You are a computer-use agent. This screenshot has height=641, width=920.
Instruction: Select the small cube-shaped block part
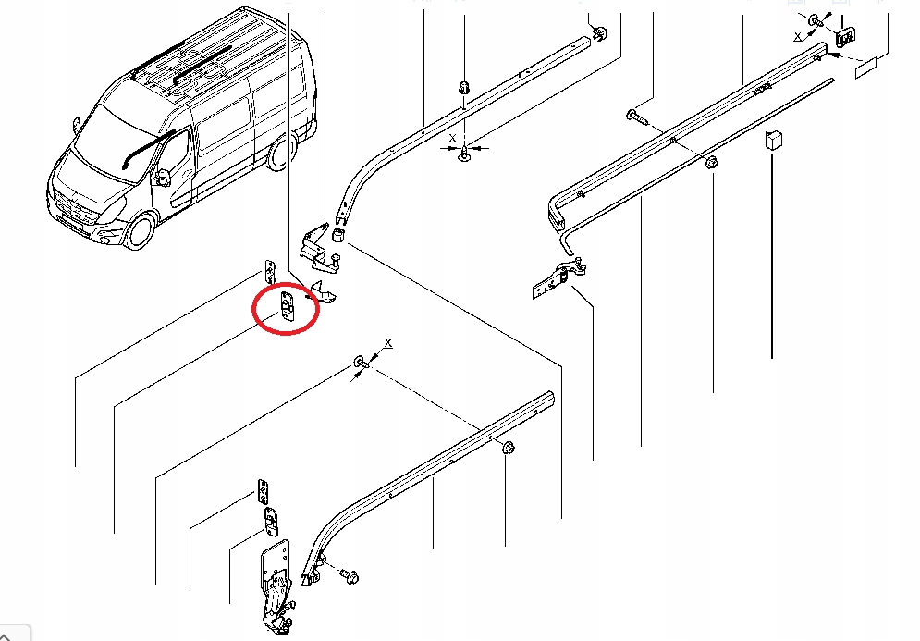pyautogui.click(x=773, y=140)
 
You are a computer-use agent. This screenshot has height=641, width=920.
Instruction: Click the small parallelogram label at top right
pyautogui.click(x=868, y=68)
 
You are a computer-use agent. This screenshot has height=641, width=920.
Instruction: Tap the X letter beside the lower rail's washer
pyautogui.click(x=388, y=343)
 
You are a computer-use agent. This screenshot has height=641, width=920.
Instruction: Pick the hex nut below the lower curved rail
pyautogui.click(x=509, y=450)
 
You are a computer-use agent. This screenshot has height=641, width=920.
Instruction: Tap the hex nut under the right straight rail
pyautogui.click(x=711, y=164)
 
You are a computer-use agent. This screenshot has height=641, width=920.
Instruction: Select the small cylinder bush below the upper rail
pyautogui.click(x=339, y=238)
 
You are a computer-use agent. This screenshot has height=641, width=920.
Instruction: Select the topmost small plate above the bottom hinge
pyautogui.click(x=262, y=488)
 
